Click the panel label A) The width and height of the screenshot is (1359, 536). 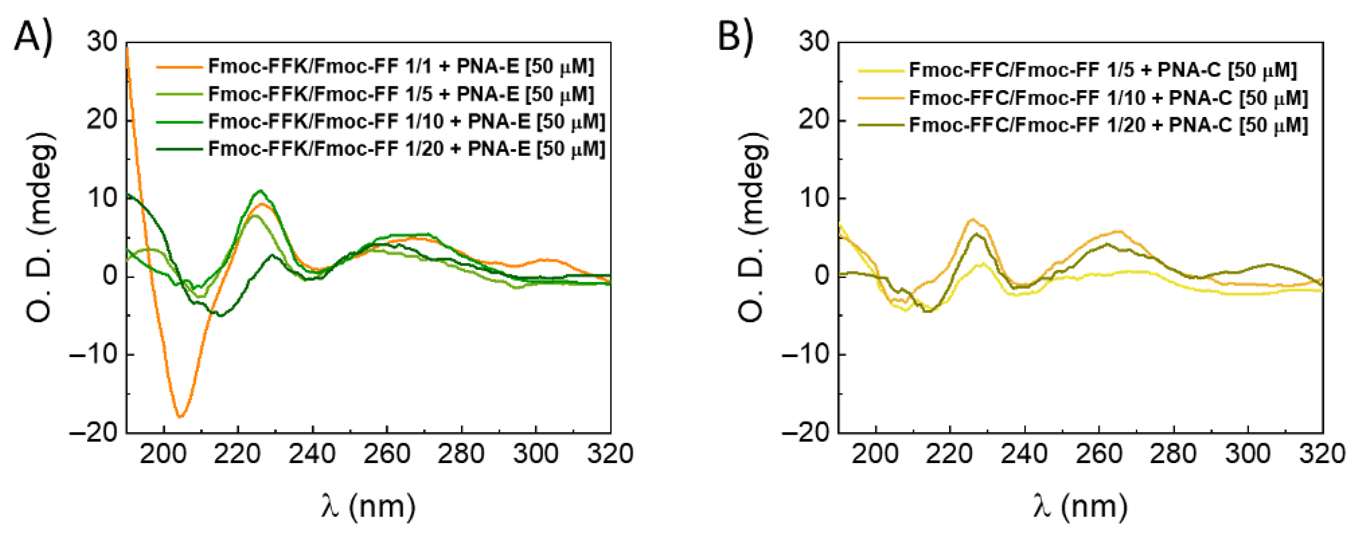point(33,37)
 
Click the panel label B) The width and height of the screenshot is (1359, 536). point(736,37)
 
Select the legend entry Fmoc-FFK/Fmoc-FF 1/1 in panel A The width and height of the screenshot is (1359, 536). point(401,67)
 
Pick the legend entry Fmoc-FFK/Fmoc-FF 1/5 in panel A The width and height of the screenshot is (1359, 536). point(401,94)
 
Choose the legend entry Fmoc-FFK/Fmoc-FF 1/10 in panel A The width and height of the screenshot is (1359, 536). point(406,122)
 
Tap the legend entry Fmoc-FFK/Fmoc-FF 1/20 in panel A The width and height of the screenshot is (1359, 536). point(406,149)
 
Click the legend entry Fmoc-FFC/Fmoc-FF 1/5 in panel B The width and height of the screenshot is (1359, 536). point(1103,70)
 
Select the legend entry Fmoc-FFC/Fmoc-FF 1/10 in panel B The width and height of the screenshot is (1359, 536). point(1108,98)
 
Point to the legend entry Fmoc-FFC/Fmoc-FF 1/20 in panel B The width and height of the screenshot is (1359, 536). point(1108,125)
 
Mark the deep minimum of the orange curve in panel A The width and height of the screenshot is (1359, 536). point(180,417)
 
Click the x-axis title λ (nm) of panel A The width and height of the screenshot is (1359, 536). point(368,507)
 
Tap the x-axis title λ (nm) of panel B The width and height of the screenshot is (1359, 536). point(1080,507)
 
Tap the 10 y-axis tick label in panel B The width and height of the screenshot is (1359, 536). point(815,198)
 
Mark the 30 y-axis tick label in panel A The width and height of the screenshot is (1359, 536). point(102,42)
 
